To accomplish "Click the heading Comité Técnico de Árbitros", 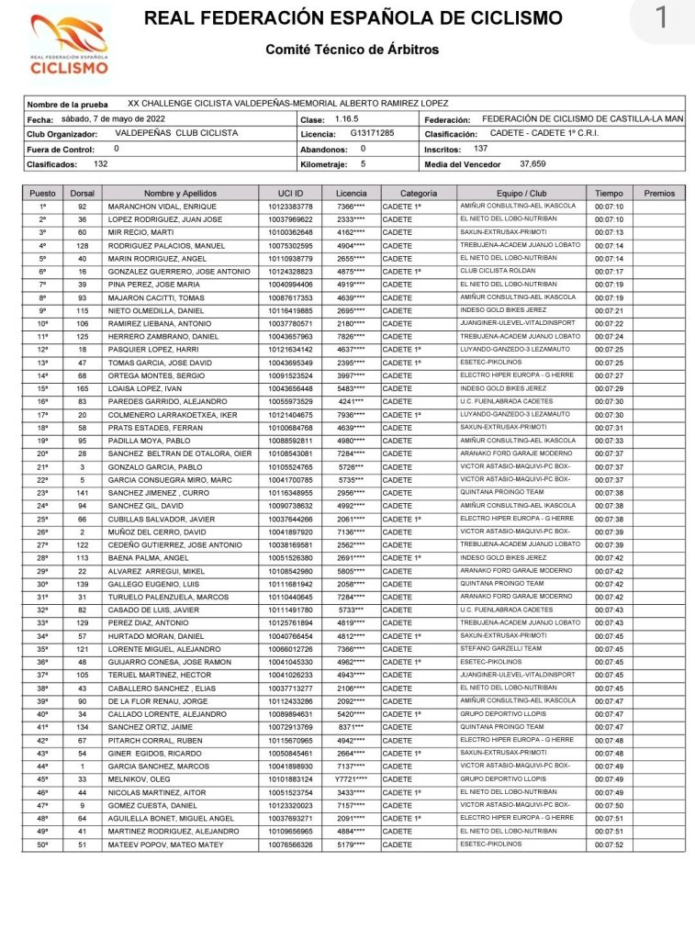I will (x=353, y=50).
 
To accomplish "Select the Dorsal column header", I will (x=83, y=194).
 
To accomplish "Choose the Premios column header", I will (x=659, y=194).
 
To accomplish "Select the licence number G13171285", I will (x=372, y=134).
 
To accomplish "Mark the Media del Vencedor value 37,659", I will (x=532, y=164).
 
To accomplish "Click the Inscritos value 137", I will (x=481, y=149).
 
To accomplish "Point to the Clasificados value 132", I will (x=101, y=164).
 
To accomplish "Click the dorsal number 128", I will (x=83, y=246).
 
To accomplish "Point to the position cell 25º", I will (x=42, y=519).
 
